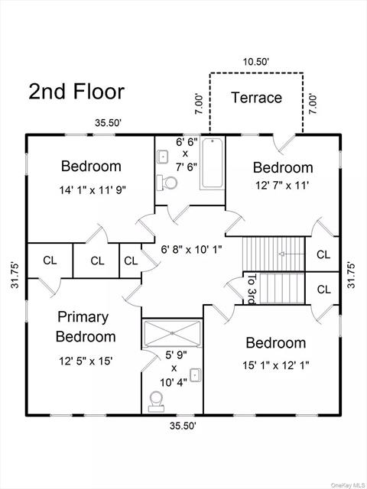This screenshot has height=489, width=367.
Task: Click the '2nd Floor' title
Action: point(76,92)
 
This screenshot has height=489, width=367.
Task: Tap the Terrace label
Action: point(257,98)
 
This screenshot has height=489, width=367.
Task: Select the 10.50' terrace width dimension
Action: point(256,61)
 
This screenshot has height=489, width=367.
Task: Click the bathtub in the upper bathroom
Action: point(213,164)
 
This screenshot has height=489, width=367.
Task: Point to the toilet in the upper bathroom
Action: point(167,183)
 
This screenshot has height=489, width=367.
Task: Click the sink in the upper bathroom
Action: point(162,156)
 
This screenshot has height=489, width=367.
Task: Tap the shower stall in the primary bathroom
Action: point(173,333)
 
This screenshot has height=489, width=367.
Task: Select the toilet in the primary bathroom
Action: point(156,402)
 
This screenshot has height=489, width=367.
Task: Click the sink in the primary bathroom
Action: point(195,375)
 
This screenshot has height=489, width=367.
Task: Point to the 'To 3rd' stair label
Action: point(252,289)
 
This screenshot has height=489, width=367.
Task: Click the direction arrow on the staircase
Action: point(291,254)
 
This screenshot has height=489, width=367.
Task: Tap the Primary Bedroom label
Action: point(85,327)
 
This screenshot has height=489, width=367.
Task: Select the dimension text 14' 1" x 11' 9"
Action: point(93,189)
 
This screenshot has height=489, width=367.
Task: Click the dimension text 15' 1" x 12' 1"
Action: point(276,365)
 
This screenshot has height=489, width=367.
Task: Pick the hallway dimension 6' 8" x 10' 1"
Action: point(191,249)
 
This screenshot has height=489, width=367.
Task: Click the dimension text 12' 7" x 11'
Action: point(282,186)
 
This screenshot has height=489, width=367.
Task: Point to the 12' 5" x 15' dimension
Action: point(86,361)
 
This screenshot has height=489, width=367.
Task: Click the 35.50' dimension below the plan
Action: point(183,426)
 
